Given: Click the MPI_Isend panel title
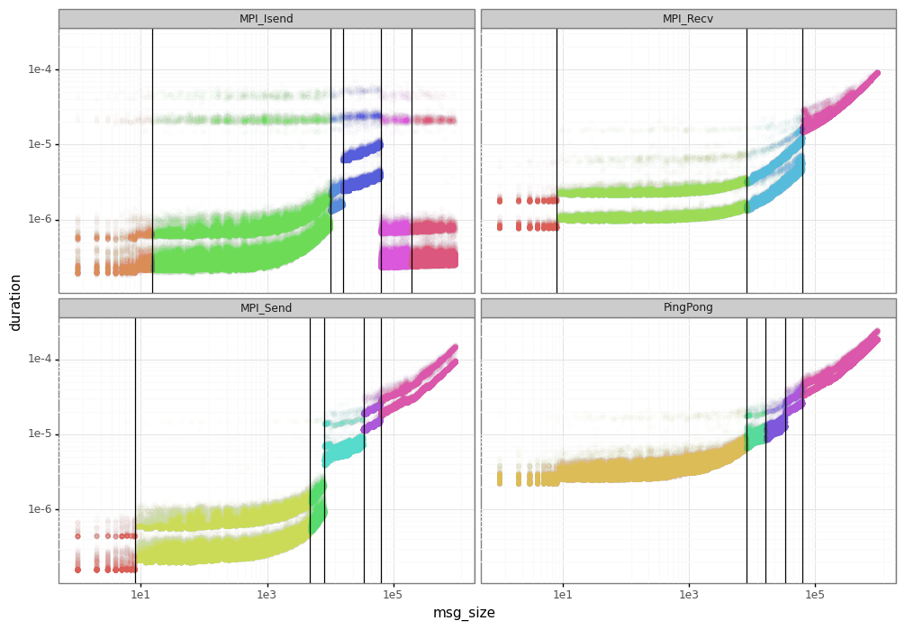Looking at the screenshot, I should click(x=267, y=19).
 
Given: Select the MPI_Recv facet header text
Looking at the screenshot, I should click(x=688, y=19).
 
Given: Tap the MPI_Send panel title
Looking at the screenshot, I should click(x=267, y=308).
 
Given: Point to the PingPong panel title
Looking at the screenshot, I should click(x=688, y=308).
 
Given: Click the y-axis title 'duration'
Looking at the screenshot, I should click(x=15, y=302).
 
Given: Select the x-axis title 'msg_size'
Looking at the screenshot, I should click(x=464, y=613).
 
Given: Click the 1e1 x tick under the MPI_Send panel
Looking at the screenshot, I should click(x=140, y=595).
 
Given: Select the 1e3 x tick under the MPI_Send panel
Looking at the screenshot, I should click(x=267, y=595).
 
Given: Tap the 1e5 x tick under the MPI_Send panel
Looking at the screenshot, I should click(x=393, y=595).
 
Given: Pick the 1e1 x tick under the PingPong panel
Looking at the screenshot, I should click(x=563, y=595).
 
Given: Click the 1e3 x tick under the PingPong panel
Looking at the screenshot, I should click(x=689, y=595).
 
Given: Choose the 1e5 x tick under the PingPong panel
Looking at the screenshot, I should click(x=815, y=595).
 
